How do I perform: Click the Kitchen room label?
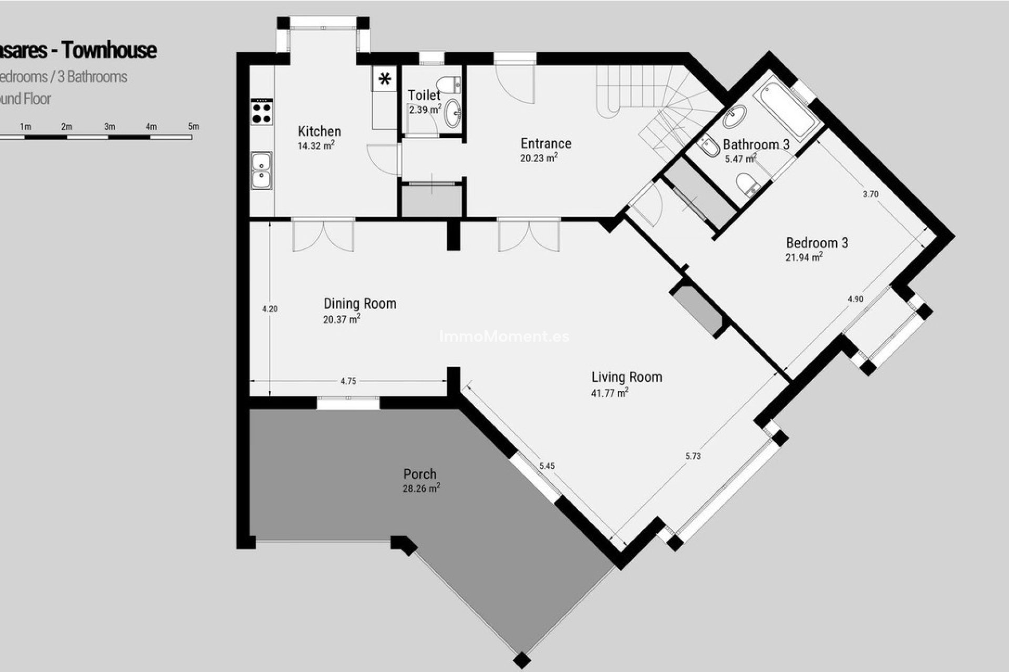319,131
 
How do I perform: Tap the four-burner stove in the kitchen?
262,112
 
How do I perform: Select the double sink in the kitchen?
261,170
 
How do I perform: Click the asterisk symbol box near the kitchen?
385,79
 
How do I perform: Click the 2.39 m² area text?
425,110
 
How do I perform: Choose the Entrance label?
545,143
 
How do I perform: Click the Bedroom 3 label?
817,243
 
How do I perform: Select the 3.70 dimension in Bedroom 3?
870,194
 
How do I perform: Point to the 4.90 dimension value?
855,299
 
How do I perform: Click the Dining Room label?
359,303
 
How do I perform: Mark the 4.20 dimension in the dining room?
270,309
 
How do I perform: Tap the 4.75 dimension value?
348,381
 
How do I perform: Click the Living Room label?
626,377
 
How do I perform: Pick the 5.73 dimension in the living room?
693,456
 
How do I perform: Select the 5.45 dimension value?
547,466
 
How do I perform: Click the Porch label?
420,474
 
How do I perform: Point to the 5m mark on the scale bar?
193,127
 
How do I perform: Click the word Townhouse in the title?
109,50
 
